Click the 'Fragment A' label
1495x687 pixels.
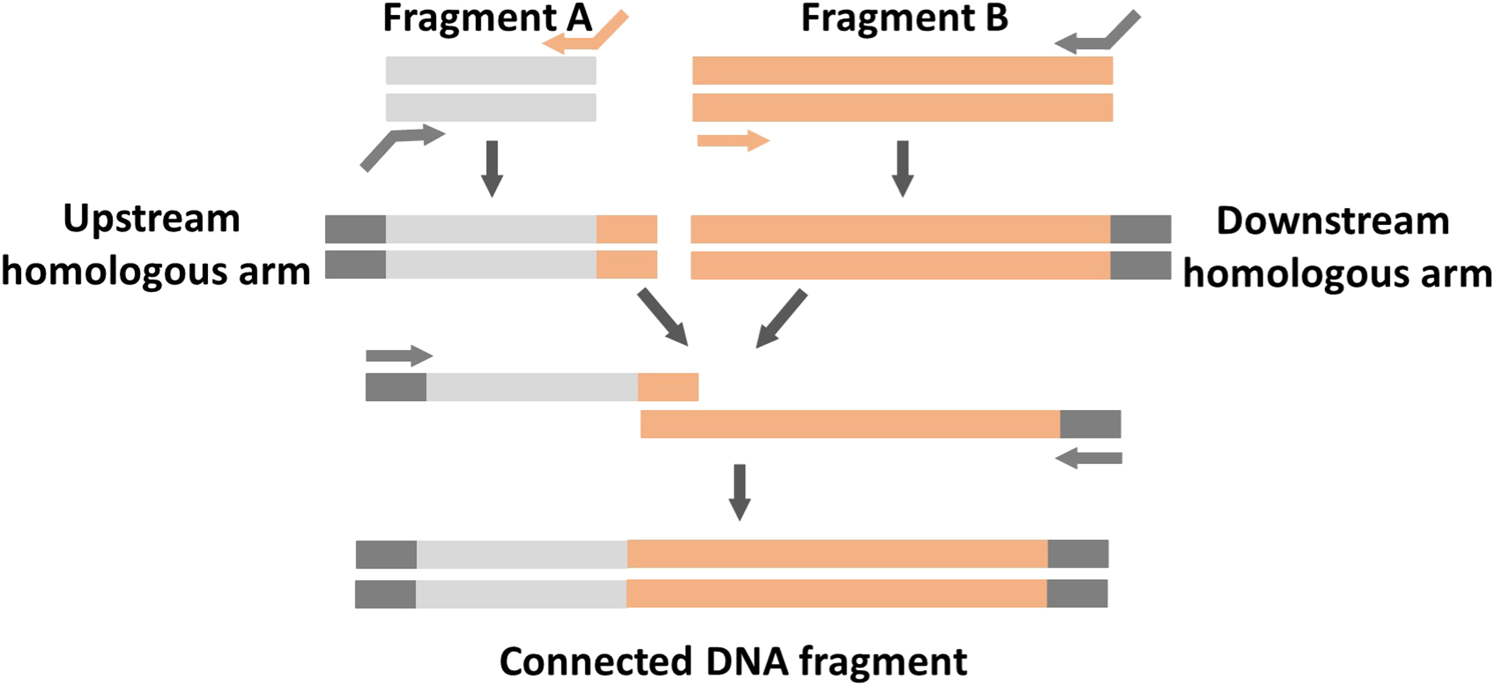point(487,18)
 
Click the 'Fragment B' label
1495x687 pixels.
point(905,18)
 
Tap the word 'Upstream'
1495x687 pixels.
point(152,219)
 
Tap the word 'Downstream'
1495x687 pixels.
point(1332,221)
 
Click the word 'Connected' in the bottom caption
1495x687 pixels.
point(596,661)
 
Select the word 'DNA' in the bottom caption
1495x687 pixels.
point(747,661)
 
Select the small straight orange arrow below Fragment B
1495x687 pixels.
point(733,141)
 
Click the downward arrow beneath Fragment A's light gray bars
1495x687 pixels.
point(492,168)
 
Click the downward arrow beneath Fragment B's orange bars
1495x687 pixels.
point(903,168)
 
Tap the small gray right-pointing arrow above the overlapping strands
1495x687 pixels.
point(399,356)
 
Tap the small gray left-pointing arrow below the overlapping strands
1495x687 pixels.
point(1088,459)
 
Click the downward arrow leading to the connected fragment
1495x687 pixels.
point(739,492)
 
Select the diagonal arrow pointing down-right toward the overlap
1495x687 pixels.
point(663,317)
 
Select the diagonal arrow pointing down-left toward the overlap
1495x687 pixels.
point(781,318)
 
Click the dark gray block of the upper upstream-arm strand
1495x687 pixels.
point(355,229)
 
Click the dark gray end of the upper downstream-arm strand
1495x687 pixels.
point(1140,229)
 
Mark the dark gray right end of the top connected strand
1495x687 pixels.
point(1078,554)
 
